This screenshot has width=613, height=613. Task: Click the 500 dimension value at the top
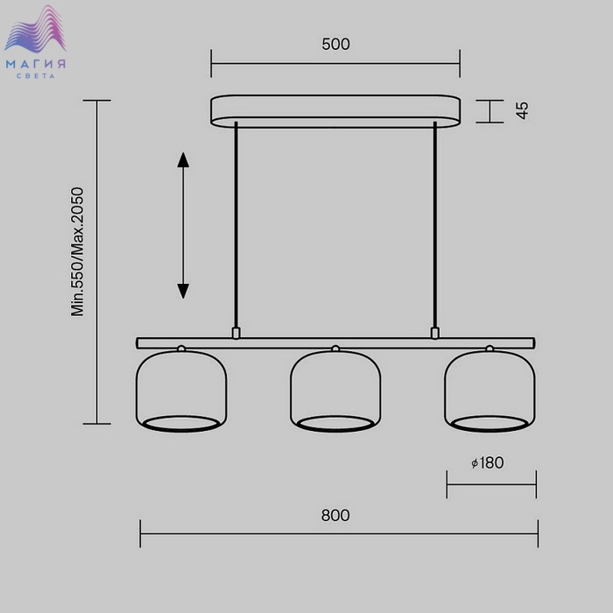click(x=335, y=44)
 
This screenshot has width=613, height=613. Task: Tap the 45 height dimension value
click(x=522, y=110)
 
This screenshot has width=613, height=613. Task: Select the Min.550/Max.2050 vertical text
click(x=77, y=252)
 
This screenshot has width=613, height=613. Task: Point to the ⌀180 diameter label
click(x=488, y=463)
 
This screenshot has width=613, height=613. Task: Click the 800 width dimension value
click(x=335, y=515)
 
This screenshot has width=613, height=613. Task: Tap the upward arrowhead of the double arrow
click(x=183, y=160)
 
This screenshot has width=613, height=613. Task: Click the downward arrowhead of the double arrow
click(x=183, y=292)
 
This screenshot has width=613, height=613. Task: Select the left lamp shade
click(x=181, y=391)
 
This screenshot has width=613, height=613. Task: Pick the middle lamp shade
click(x=335, y=391)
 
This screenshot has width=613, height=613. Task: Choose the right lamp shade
click(x=490, y=391)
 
